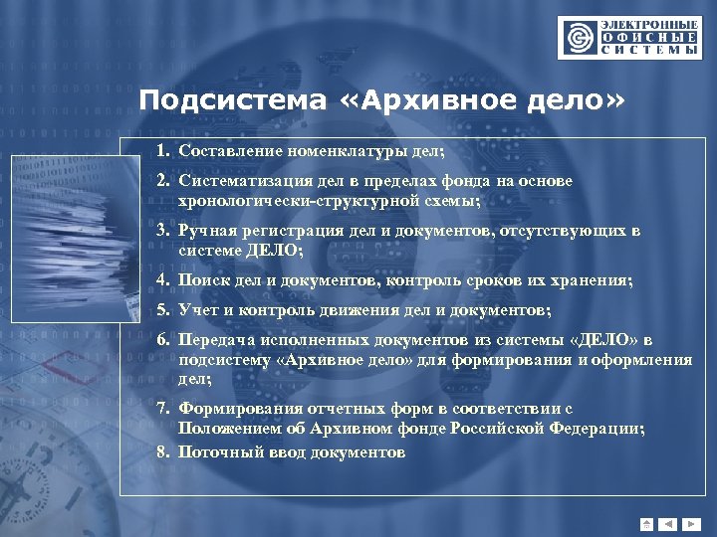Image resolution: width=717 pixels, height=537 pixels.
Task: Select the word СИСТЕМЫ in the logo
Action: (648, 50)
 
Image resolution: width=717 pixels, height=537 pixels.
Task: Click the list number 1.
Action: (161, 152)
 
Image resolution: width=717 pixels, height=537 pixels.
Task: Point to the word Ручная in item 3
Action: (205, 232)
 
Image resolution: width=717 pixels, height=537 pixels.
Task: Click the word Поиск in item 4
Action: (200, 281)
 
